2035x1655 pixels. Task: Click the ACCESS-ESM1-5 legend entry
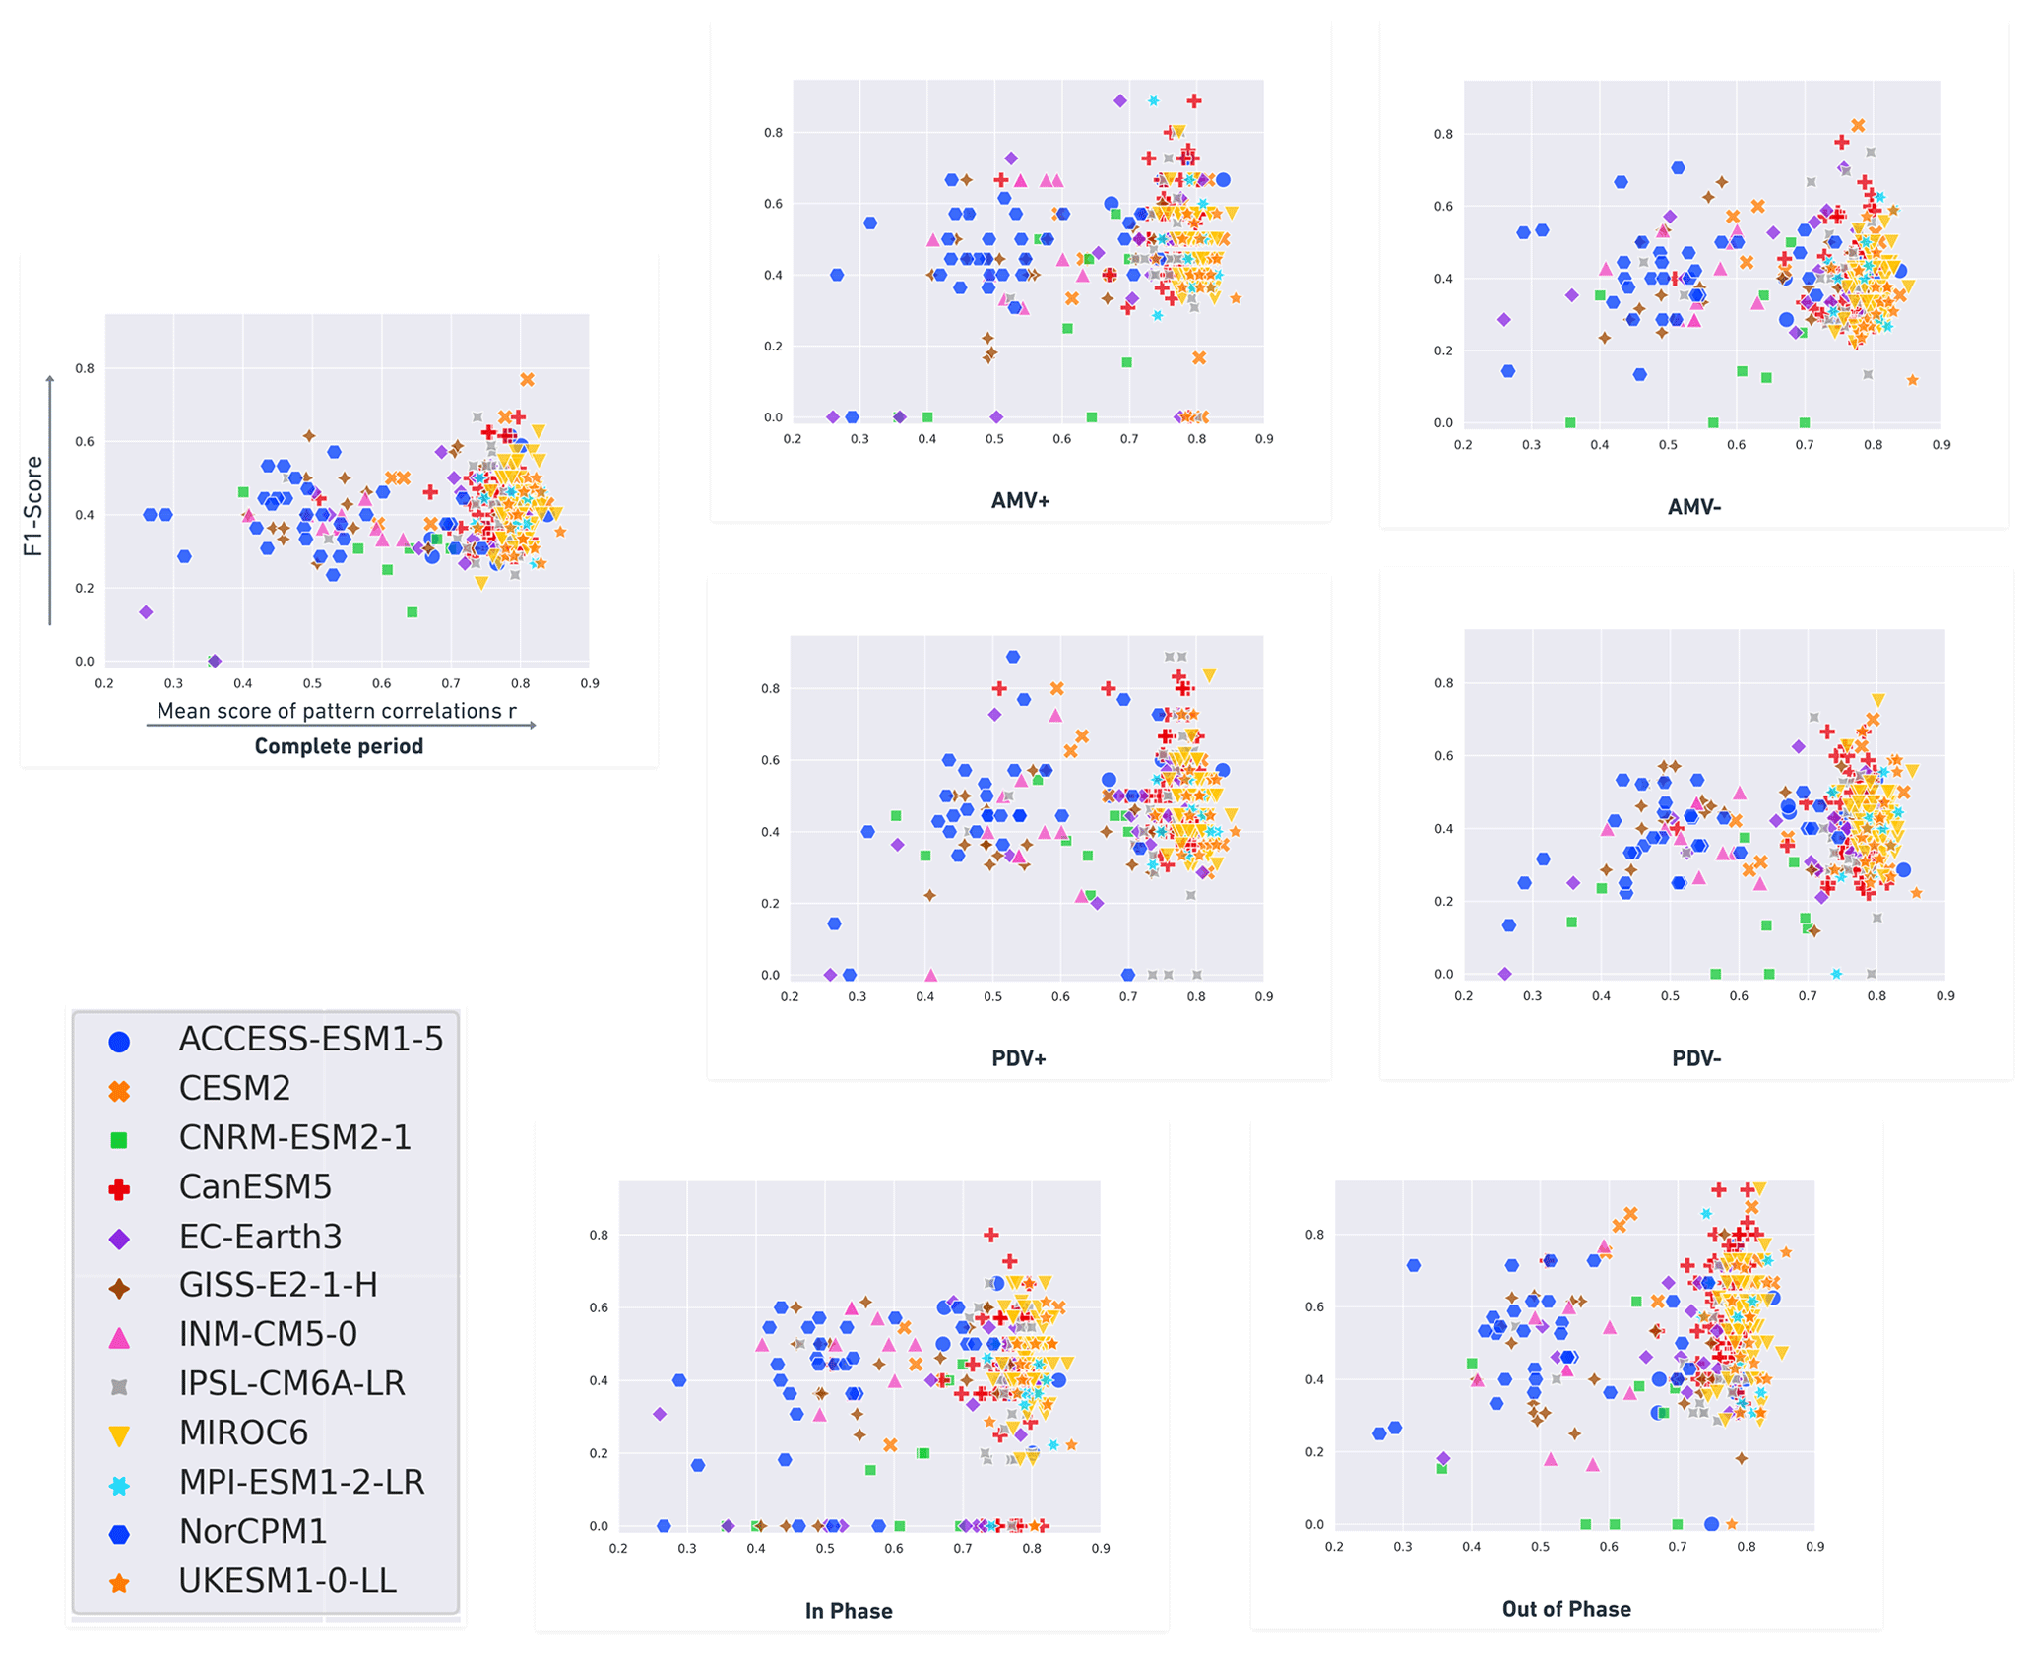[310, 1039]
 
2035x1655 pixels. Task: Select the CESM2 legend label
[234, 1088]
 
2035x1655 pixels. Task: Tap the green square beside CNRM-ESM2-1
[119, 1140]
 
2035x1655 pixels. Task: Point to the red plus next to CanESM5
[119, 1189]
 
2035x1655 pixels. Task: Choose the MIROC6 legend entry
[243, 1432]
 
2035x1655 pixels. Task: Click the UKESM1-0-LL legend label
[287, 1580]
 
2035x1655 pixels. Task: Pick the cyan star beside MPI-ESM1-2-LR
[119, 1485]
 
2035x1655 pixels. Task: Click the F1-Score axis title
[33, 506]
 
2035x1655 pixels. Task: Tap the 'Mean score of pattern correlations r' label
[337, 711]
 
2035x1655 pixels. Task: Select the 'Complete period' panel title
[339, 746]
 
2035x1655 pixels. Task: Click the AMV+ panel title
[1020, 501]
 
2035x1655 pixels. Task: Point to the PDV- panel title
[1695, 1059]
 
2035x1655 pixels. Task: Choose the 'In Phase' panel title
[849, 1611]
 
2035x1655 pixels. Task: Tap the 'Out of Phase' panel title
[1565, 1609]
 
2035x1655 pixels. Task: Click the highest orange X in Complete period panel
[527, 380]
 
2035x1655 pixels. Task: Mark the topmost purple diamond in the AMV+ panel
[1119, 101]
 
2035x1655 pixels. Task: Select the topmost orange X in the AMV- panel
[1857, 126]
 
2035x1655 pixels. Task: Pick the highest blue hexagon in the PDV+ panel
[1013, 657]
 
